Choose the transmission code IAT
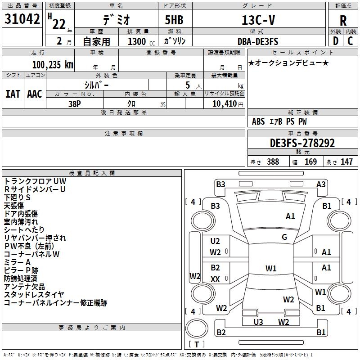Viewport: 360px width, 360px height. [x=13, y=94]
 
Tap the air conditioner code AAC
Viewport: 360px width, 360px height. [x=35, y=94]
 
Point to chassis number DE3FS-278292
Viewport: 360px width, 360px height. [x=302, y=143]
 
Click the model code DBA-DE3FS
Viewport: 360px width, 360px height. [x=258, y=42]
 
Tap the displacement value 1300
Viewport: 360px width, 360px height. [x=136, y=42]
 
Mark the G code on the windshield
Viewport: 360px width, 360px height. [x=284, y=237]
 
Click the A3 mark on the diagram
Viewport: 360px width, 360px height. [x=321, y=184]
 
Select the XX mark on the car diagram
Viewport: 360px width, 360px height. [x=216, y=279]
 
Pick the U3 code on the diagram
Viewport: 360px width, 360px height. [x=258, y=322]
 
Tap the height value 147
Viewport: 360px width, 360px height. [x=346, y=162]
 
